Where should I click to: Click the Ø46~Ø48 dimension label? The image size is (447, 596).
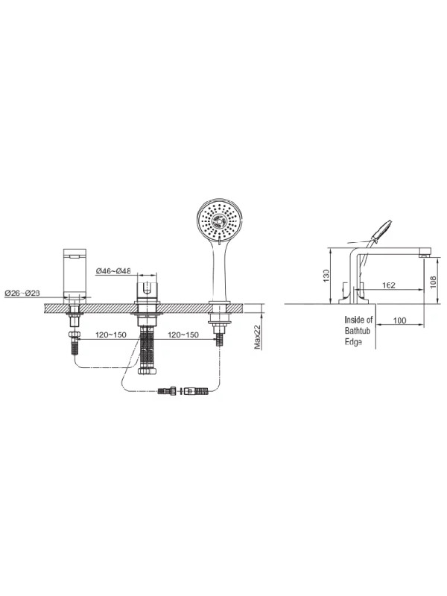point(113,271)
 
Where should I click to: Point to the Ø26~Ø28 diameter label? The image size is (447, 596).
point(22,293)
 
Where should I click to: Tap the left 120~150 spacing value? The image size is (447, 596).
point(110,335)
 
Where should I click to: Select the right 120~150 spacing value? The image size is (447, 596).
point(183,335)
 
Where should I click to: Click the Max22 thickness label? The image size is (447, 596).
point(258,337)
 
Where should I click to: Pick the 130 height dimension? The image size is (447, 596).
point(326,276)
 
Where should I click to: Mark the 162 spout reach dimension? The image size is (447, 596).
point(388,285)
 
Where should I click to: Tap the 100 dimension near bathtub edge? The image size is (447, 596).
point(399,321)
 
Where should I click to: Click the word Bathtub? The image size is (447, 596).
point(358,331)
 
